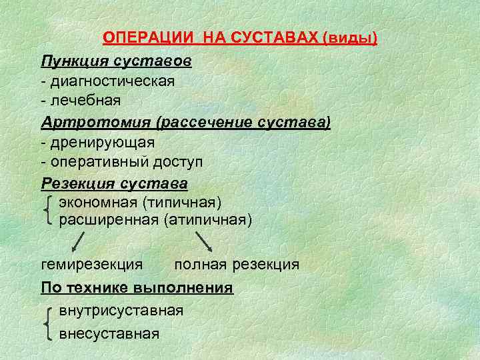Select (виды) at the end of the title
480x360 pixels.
click(x=350, y=38)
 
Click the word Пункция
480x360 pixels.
click(x=71, y=61)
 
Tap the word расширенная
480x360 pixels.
click(x=109, y=219)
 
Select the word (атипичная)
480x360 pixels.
click(x=207, y=219)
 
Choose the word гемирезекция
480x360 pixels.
click(x=91, y=265)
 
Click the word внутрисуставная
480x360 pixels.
click(x=121, y=311)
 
